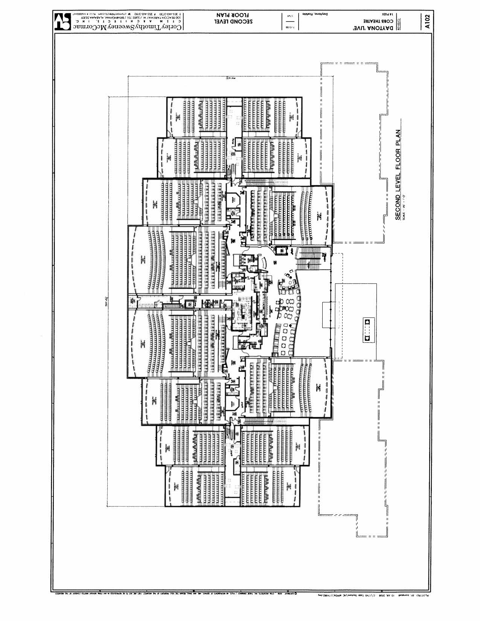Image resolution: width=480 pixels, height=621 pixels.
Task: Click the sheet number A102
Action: pyautogui.click(x=427, y=21)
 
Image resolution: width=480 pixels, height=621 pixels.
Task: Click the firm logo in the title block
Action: pyautogui.click(x=61, y=22)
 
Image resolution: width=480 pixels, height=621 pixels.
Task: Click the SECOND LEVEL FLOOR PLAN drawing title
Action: pyautogui.click(x=398, y=174)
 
